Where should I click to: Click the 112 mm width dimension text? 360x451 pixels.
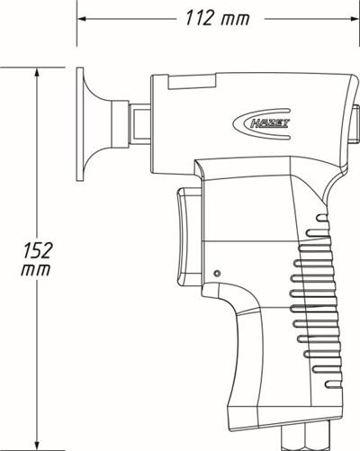tap(218, 18)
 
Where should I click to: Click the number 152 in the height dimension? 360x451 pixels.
tap(38, 250)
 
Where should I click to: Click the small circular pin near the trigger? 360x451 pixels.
tap(218, 274)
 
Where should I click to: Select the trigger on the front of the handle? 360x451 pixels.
tap(189, 237)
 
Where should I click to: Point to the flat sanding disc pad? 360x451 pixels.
tap(80, 124)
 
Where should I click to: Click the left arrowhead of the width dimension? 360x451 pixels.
tap(82, 19)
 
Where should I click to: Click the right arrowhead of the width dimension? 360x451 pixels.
tap(355, 19)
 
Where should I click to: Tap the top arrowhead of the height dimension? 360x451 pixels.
tap(37, 74)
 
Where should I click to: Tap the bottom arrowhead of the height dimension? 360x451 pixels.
tap(37, 444)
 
